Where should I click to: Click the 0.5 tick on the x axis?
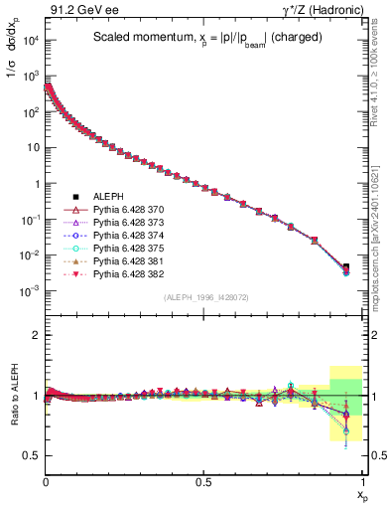pos(204,482)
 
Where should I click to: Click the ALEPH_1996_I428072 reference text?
pos(204,298)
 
